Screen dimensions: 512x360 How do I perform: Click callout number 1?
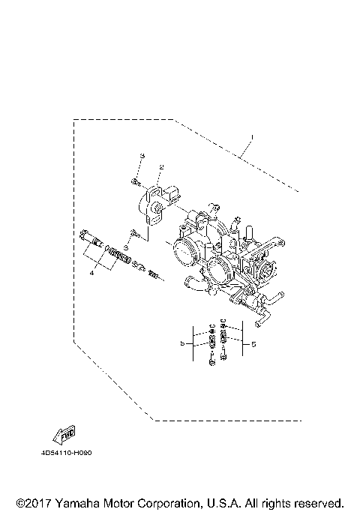(253, 137)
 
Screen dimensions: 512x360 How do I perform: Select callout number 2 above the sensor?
(161, 166)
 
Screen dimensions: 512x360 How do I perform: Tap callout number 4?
(91, 274)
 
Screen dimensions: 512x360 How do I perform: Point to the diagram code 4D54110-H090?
(72, 453)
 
